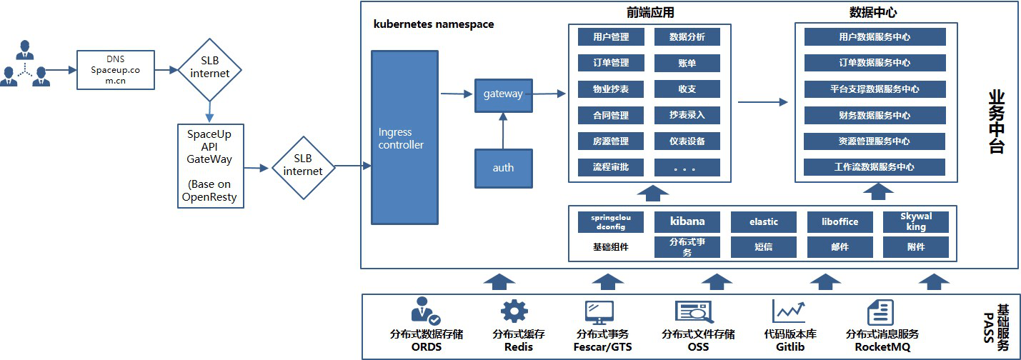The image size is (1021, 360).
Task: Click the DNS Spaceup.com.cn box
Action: pyautogui.click(x=116, y=70)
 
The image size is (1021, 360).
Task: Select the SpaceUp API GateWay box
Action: pyautogui.click(x=211, y=166)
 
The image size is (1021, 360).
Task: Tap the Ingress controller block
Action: pyautogui.click(x=404, y=138)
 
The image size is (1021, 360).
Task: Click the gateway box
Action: pyautogui.click(x=504, y=94)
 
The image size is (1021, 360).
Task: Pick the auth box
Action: pyautogui.click(x=504, y=168)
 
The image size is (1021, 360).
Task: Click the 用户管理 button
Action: pyautogui.click(x=611, y=36)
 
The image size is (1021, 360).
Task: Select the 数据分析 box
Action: pyautogui.click(x=687, y=36)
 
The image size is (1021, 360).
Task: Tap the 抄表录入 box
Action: pyautogui.click(x=687, y=115)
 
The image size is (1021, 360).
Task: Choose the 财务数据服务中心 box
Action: pyautogui.click(x=875, y=115)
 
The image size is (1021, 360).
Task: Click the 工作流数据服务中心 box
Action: pyautogui.click(x=875, y=167)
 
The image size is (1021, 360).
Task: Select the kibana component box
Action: pyautogui.click(x=687, y=221)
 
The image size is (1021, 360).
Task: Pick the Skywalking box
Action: pyautogui.click(x=915, y=221)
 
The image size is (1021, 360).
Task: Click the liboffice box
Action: pyautogui.click(x=840, y=221)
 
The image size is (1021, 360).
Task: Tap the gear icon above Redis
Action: pyautogui.click(x=514, y=312)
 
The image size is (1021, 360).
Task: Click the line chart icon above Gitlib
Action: pyautogui.click(x=789, y=311)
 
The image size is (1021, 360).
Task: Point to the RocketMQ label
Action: pyautogui.click(x=881, y=347)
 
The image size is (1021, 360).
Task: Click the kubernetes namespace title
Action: pyautogui.click(x=434, y=24)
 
